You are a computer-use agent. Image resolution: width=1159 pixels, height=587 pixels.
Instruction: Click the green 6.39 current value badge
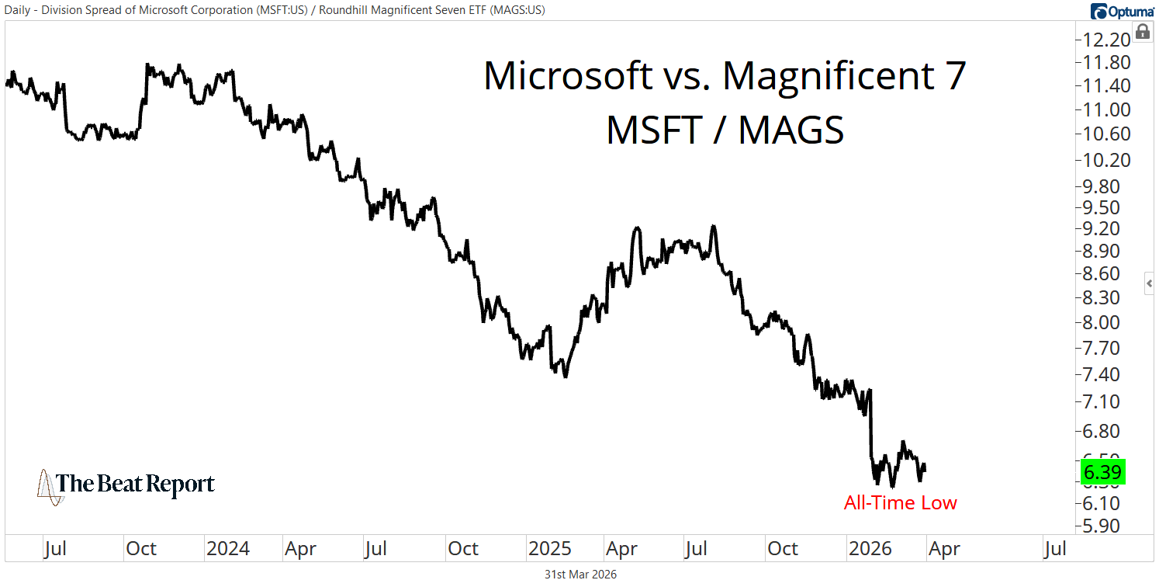pos(1102,472)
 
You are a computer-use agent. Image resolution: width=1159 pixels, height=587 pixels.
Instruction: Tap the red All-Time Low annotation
pos(900,503)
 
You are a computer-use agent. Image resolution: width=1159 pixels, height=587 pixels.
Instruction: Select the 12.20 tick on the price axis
pos(1102,40)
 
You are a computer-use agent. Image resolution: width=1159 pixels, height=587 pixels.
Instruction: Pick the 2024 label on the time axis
pos(228,549)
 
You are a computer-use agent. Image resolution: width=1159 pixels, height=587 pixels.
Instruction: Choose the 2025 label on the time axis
pos(550,549)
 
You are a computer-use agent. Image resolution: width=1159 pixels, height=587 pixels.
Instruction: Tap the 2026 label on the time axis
pos(870,549)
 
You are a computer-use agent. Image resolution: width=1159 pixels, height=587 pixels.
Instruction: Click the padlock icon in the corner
pos(1142,32)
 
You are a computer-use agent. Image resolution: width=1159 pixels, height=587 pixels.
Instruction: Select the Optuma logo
pos(1121,11)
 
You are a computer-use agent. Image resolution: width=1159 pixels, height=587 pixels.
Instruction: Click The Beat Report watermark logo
pos(126,485)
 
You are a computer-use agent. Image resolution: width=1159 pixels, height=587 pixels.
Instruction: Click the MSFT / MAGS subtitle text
pos(725,130)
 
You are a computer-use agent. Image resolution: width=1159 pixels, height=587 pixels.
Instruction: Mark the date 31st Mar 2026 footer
pos(579,575)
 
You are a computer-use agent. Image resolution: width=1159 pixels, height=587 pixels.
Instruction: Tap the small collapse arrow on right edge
pos(1150,284)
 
